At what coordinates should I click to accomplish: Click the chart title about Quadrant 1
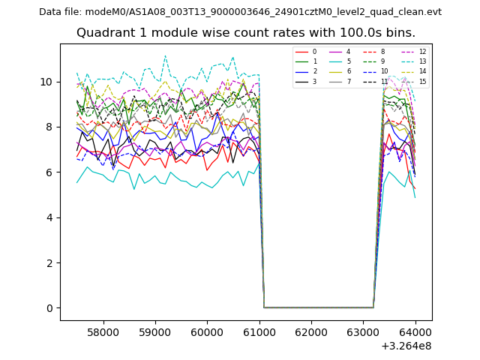tap(245, 33)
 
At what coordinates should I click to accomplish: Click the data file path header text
tap(240, 12)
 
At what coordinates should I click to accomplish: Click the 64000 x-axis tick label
tap(415, 331)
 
